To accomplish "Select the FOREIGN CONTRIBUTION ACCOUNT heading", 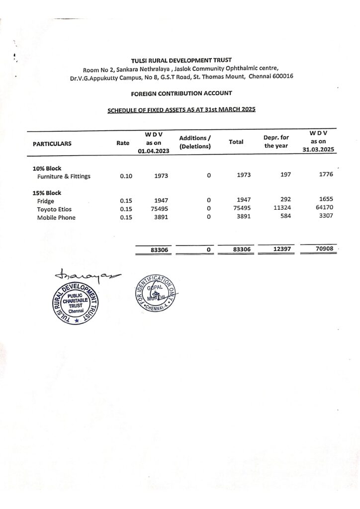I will tap(181, 93).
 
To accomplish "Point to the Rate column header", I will tap(123, 143).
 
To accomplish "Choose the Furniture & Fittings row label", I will tap(64, 176).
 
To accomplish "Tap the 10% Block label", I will tap(47, 168).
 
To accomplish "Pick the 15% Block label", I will tap(47, 193).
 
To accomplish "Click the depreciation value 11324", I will tap(282, 208).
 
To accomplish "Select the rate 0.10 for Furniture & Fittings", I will tap(126, 176).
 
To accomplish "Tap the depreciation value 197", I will tap(285, 174).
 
